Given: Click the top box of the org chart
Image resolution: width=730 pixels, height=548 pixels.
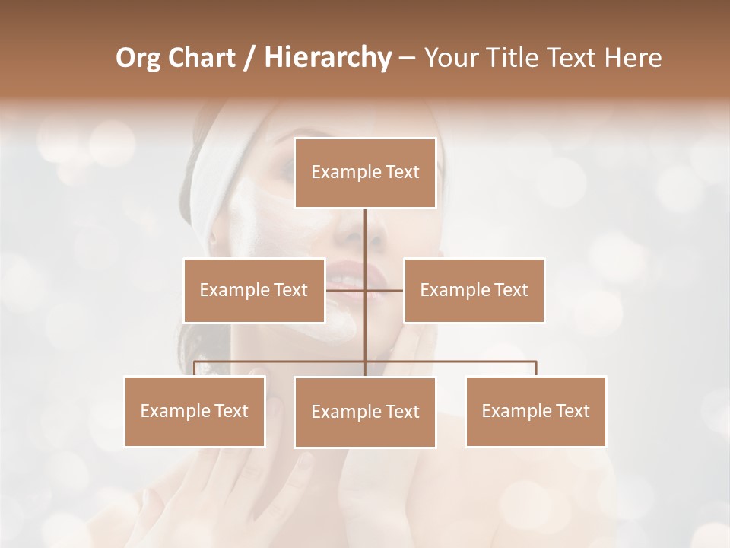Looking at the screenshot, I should point(365,173).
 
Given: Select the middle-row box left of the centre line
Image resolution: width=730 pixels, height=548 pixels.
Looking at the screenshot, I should point(254,290).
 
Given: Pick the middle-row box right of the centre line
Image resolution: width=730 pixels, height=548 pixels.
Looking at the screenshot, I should point(474,290).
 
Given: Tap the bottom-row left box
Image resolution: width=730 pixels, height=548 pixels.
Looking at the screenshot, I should point(195,411).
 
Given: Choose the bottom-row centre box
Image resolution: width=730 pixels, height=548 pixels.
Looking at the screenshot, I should point(365,412).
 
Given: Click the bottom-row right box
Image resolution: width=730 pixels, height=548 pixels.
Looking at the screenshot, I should point(535,411).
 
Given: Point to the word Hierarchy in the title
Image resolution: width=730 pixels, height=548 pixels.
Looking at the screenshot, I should point(327,58).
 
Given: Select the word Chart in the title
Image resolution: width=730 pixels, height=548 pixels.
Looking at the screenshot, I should point(204,58).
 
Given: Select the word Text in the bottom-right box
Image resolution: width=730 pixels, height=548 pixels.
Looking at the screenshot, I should point(573,411).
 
